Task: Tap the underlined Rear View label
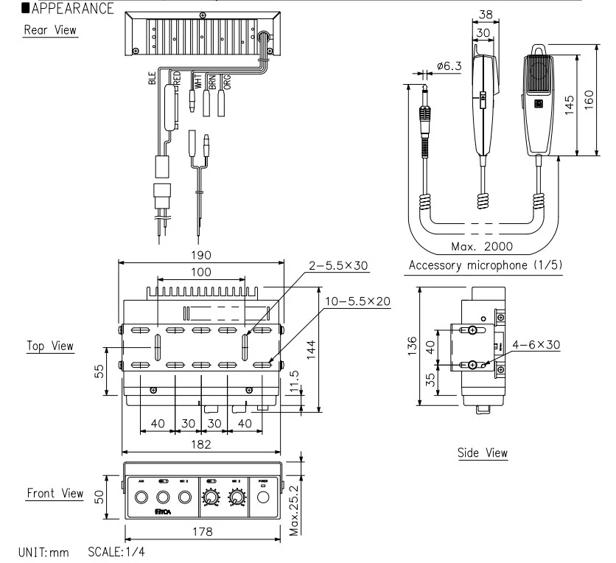[x=50, y=30]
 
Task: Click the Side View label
[x=482, y=452]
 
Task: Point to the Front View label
[x=55, y=493]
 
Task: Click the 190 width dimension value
[x=201, y=255]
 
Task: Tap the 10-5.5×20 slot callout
[x=355, y=301]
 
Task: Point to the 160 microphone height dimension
[x=589, y=98]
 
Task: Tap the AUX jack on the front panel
[x=141, y=499]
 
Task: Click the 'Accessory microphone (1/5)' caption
[x=483, y=265]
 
